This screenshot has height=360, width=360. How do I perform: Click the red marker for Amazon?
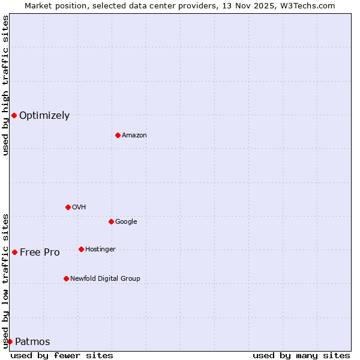(x=118, y=135)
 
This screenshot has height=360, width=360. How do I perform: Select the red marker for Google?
(x=111, y=221)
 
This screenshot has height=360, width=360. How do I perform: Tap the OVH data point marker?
(x=68, y=207)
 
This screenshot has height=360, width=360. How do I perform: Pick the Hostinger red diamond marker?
(x=81, y=249)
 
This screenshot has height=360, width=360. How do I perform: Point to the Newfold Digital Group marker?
(x=66, y=278)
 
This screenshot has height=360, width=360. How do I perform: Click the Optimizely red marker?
(x=14, y=115)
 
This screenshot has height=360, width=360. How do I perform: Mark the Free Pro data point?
(x=14, y=252)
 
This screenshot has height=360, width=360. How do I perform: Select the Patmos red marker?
(x=10, y=341)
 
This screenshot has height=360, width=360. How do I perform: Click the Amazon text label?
(x=134, y=135)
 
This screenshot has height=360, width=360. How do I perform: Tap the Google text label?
(x=126, y=221)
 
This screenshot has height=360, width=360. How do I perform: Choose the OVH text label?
(x=79, y=207)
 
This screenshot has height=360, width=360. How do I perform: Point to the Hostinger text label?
(x=100, y=249)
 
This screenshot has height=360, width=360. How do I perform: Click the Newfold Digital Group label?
(x=105, y=278)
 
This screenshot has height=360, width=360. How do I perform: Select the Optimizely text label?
(x=44, y=116)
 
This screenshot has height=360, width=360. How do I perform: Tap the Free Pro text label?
(x=40, y=253)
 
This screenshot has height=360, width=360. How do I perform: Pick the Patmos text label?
(x=32, y=342)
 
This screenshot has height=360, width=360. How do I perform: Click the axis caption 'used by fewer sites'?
(x=62, y=355)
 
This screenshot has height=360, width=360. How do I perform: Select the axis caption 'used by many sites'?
(x=301, y=355)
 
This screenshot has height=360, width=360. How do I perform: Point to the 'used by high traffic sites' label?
(x=5, y=85)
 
